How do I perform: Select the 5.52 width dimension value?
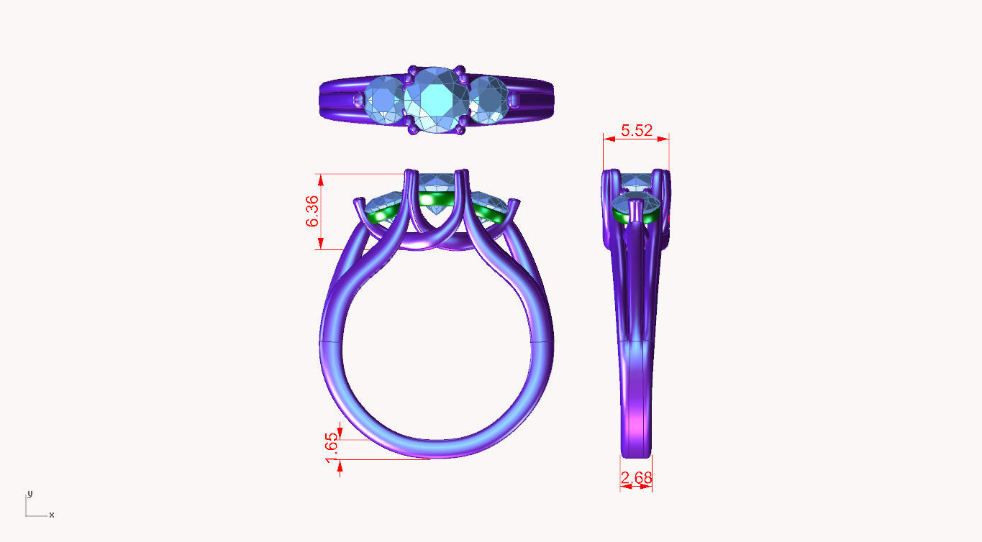point(636,130)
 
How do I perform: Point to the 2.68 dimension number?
point(637,477)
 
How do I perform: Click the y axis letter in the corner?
point(29,494)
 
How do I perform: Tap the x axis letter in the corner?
point(52,515)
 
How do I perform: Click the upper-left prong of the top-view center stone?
point(412,73)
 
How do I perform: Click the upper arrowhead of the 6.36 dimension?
point(322,180)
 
